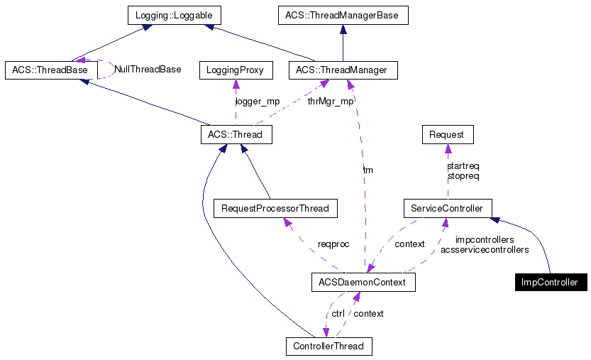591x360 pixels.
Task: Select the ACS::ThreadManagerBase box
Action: (342, 15)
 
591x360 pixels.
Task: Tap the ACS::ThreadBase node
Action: (50, 70)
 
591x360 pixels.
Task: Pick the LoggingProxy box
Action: (235, 70)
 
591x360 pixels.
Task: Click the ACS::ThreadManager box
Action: (343, 70)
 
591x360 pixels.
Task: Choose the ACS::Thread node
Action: (236, 134)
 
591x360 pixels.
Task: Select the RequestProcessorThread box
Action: (275, 209)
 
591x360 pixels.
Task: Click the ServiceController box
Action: (447, 209)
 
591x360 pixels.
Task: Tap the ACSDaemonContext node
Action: (363, 283)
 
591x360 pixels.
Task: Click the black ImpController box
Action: (551, 283)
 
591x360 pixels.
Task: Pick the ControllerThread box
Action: (328, 347)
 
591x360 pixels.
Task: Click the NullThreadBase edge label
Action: (148, 70)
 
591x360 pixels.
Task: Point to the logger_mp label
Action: (257, 102)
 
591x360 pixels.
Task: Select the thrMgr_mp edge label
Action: (330, 102)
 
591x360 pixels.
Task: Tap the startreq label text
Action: (463, 166)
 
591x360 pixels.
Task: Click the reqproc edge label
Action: (333, 244)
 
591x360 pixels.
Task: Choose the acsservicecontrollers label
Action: (485, 250)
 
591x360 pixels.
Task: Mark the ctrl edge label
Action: (338, 313)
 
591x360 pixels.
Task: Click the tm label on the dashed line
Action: (368, 170)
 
